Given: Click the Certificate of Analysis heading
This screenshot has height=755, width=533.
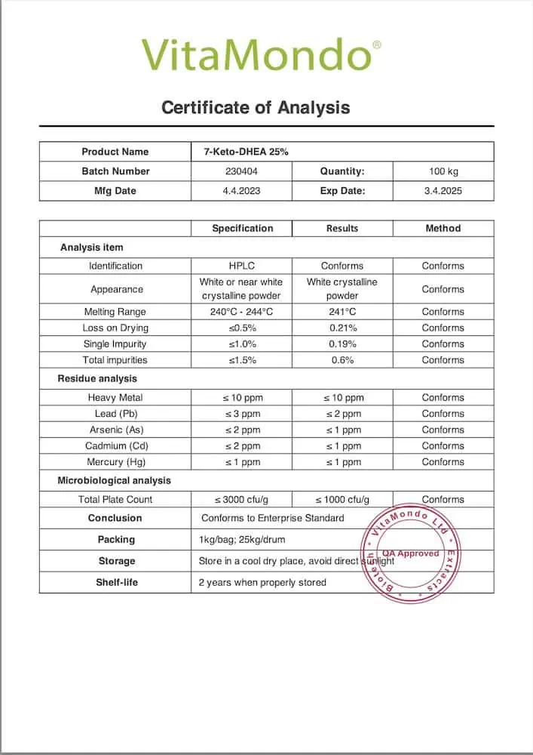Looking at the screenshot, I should [x=256, y=107].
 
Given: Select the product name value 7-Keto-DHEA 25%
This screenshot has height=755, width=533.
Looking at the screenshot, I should [x=247, y=152].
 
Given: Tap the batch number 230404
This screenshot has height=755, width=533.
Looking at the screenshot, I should [x=241, y=171].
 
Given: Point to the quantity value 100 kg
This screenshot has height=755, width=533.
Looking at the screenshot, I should [x=443, y=171].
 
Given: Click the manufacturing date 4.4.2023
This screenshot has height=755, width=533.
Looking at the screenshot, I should [x=241, y=191].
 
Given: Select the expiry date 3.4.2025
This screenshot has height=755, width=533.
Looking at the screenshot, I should [x=443, y=191].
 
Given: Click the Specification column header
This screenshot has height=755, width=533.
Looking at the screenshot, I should [x=242, y=228].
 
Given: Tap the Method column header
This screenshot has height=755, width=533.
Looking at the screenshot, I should [x=443, y=228].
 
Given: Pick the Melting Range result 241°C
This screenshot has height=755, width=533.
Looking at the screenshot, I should [x=342, y=312].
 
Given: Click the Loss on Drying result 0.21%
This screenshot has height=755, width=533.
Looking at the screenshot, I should [x=342, y=328].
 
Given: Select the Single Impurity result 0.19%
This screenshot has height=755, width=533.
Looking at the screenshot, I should [x=342, y=344].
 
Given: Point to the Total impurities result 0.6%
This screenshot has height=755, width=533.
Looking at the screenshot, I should [x=342, y=360].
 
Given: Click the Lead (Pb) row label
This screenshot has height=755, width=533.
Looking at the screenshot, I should [x=115, y=414].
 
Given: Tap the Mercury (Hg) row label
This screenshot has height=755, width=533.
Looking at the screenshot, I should [x=115, y=462].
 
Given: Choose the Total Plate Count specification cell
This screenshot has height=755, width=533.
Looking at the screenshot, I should [x=242, y=500].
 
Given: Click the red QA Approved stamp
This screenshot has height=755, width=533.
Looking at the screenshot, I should [x=410, y=553].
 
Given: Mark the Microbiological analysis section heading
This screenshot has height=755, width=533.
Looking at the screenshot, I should [x=115, y=480].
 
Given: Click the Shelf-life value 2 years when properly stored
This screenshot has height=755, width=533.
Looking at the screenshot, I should [x=262, y=582].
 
